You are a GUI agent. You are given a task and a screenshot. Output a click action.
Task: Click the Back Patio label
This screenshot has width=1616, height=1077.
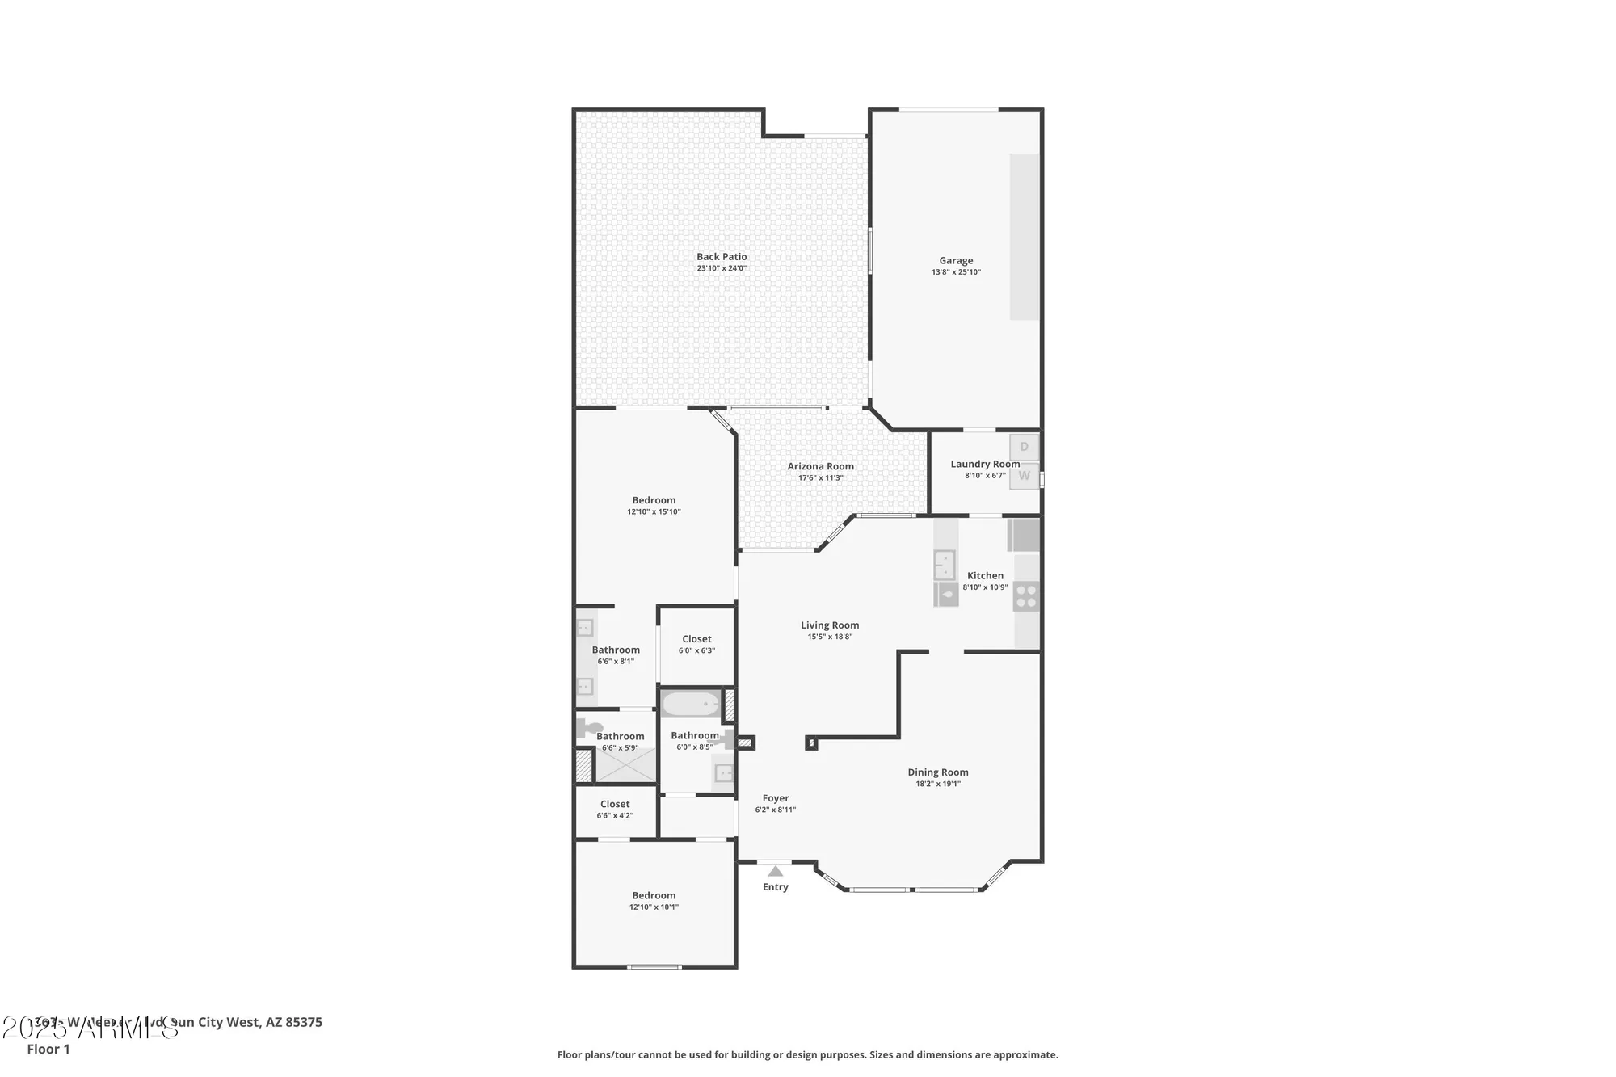[x=722, y=257]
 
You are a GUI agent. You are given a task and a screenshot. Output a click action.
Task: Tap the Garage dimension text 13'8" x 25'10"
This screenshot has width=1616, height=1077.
[x=956, y=272]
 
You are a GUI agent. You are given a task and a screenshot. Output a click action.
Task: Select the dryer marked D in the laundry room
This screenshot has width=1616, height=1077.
[x=1024, y=447]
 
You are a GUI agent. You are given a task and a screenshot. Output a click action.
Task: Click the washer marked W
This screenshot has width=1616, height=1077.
[x=1024, y=476]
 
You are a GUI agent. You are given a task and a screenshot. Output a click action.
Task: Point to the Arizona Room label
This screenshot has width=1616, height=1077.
[x=820, y=466]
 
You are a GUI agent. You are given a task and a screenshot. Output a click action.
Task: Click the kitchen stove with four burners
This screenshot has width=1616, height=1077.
[x=1026, y=596]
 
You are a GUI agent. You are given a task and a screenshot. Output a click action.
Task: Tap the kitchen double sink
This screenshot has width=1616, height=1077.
[x=945, y=565]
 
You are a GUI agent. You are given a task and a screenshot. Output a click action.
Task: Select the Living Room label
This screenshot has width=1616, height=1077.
[x=830, y=625]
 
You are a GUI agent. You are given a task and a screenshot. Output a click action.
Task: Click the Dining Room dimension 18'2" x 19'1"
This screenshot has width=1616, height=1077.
[x=938, y=784]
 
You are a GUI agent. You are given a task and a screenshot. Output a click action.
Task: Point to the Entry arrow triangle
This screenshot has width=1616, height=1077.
[x=776, y=871]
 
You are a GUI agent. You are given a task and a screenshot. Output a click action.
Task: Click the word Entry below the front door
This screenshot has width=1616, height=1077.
[x=776, y=887]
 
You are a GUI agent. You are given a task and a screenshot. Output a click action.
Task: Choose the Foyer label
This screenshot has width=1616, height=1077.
[x=776, y=798]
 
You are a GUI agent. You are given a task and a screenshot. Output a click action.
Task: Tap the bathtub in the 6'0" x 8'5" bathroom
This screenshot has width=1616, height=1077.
[x=690, y=705]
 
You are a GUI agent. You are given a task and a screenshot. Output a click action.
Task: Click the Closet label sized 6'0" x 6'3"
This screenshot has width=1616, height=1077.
[x=696, y=639]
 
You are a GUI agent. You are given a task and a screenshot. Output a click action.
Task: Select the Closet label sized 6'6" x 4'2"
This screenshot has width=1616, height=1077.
[x=615, y=805]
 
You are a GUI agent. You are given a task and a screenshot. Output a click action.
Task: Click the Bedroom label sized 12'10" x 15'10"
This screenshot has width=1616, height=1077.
[x=654, y=500]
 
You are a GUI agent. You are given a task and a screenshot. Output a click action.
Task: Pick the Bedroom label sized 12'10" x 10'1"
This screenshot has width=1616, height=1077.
[x=654, y=895]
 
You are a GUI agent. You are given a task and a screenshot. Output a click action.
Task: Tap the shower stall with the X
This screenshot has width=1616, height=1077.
[x=625, y=764]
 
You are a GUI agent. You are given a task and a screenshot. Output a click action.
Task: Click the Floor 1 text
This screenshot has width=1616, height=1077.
[x=48, y=1049]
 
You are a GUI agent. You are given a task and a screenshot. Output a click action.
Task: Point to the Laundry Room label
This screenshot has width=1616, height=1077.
[x=984, y=465]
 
